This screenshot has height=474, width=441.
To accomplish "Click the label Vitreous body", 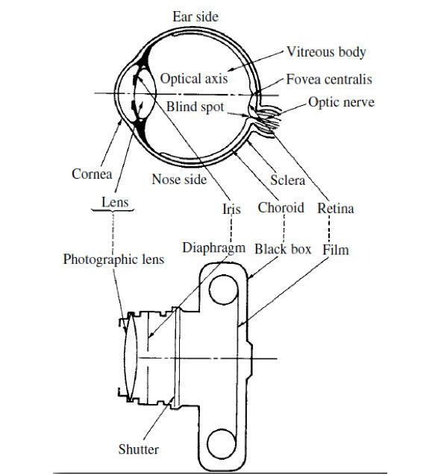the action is pyautogui.click(x=326, y=52).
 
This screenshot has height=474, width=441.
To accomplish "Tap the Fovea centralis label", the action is pyautogui.click(x=329, y=79).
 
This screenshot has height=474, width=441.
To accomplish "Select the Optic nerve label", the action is pyautogui.click(x=341, y=102).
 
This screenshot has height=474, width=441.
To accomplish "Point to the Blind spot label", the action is pyautogui.click(x=196, y=107).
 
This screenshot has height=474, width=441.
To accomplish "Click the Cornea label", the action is pyautogui.click(x=92, y=174).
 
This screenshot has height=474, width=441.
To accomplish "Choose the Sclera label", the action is pyautogui.click(x=287, y=180).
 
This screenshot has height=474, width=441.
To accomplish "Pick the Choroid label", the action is pyautogui.click(x=281, y=208).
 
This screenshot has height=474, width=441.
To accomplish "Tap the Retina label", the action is pyautogui.click(x=335, y=208).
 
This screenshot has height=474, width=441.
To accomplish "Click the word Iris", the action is pyautogui.click(x=231, y=209).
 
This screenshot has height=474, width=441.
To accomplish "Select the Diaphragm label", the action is pyautogui.click(x=213, y=248).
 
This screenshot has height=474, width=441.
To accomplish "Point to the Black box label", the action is pyautogui.click(x=283, y=250).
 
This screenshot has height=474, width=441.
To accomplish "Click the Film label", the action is pyautogui.click(x=335, y=250).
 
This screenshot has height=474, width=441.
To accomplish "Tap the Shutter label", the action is pyautogui.click(x=138, y=449).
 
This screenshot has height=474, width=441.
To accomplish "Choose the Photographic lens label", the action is pyautogui.click(x=113, y=259).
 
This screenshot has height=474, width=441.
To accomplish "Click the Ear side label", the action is pyautogui.click(x=196, y=16).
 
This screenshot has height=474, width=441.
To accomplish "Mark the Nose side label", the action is pyautogui.click(x=179, y=180).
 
